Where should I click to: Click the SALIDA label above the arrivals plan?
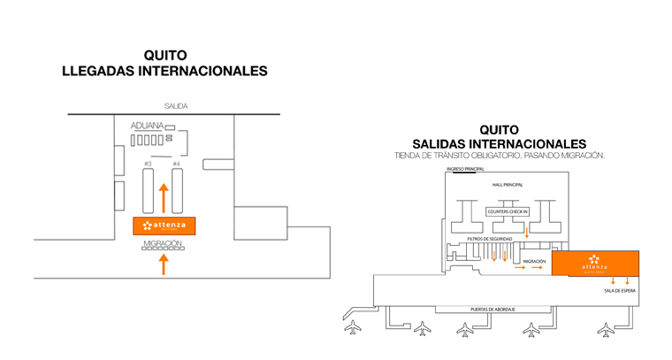tap(175, 106)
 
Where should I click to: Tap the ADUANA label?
tap(147, 126)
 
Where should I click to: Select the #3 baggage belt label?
tap(148, 164)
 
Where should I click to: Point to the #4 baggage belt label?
tap(176, 164)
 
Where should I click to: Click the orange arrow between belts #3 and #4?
tap(163, 197)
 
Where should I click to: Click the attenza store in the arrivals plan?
tap(164, 226)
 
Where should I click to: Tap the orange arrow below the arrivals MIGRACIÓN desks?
tap(163, 264)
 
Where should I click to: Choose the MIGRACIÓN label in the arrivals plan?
tap(162, 242)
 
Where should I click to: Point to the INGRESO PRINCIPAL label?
tap(466, 168)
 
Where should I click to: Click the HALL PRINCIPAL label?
tap(508, 184)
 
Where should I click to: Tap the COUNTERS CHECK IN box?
tap(508, 212)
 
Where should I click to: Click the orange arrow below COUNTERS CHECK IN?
tap(527, 232)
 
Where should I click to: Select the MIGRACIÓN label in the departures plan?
tap(533, 261)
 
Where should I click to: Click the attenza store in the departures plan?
tap(594, 264)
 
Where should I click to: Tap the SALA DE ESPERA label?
tap(619, 290)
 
